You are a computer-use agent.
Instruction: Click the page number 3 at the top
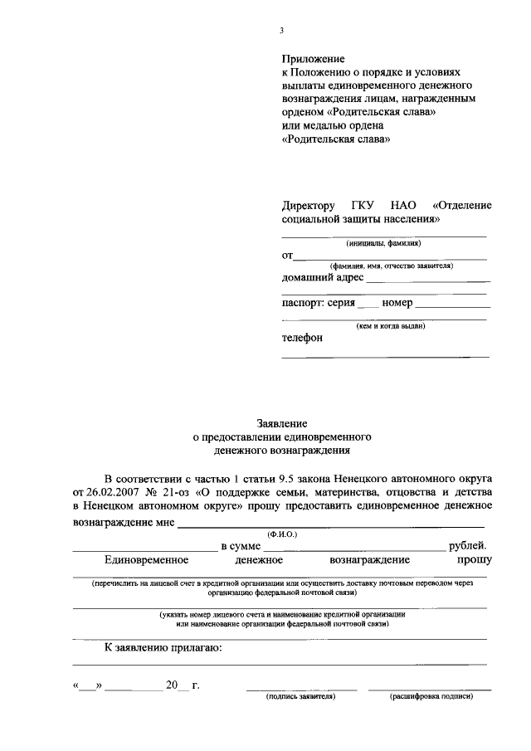pyautogui.click(x=282, y=31)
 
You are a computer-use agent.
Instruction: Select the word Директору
pyautogui.click(x=309, y=206)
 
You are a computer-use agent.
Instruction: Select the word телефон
pyautogui.click(x=303, y=338)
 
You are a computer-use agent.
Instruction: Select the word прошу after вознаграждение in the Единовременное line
pyautogui.click(x=471, y=561)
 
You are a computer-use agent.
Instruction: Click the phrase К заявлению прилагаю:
pyautogui.click(x=163, y=648)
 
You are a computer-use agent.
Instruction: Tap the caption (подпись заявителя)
pyautogui.click(x=301, y=696)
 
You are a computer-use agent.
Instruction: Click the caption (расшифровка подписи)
pyautogui.click(x=431, y=696)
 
